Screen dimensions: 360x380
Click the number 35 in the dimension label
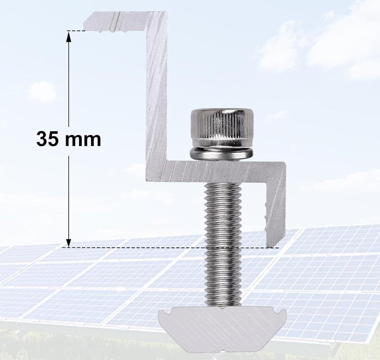47,139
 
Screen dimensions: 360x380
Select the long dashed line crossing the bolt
169,248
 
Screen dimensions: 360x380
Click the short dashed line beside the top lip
76,30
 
